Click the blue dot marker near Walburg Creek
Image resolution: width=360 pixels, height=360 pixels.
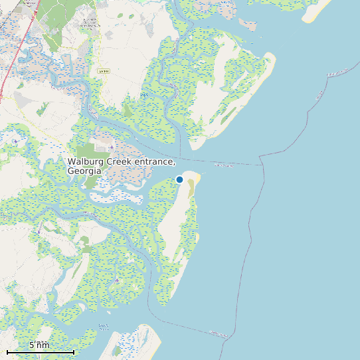[179, 179]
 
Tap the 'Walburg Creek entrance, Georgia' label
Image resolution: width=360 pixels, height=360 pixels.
[121, 166]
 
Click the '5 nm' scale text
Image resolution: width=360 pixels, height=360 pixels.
[39, 345]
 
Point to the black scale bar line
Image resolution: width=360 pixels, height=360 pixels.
[40, 351]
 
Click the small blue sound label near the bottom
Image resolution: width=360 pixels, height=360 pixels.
[103, 326]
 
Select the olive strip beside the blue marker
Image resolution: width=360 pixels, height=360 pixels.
[191, 188]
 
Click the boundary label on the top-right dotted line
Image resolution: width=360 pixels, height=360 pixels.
[319, 97]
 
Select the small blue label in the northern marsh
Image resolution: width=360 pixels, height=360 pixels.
[144, 95]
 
